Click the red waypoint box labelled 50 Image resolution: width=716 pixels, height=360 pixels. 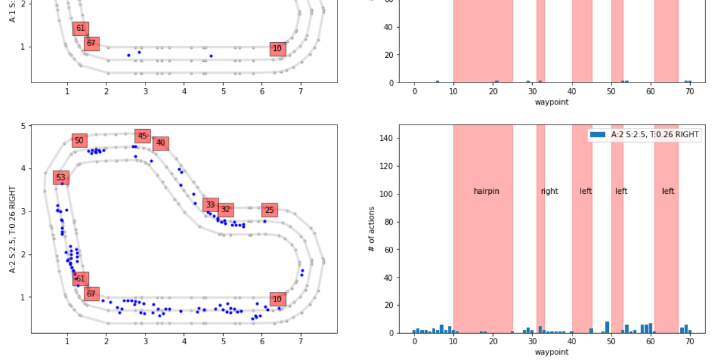click(x=79, y=140)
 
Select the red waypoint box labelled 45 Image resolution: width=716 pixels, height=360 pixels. click(x=142, y=136)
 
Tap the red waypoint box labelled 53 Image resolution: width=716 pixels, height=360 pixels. click(x=60, y=177)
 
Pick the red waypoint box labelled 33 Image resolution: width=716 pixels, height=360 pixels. click(x=210, y=205)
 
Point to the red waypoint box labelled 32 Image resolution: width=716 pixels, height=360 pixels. click(x=225, y=210)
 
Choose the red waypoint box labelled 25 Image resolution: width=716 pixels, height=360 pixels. click(x=270, y=210)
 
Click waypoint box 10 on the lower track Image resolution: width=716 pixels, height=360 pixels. click(x=277, y=299)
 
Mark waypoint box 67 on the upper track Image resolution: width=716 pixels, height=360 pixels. click(x=91, y=43)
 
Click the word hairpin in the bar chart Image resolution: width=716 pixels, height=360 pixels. click(x=486, y=191)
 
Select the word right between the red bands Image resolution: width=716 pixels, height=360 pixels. click(x=549, y=191)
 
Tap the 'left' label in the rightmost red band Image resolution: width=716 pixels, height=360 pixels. click(x=668, y=191)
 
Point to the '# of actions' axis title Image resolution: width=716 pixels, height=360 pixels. click(x=372, y=229)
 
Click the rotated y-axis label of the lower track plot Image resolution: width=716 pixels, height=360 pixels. click(x=13, y=229)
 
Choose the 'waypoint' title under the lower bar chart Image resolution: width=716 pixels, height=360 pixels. click(x=552, y=352)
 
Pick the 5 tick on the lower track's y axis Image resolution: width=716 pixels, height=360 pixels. click(x=23, y=126)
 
